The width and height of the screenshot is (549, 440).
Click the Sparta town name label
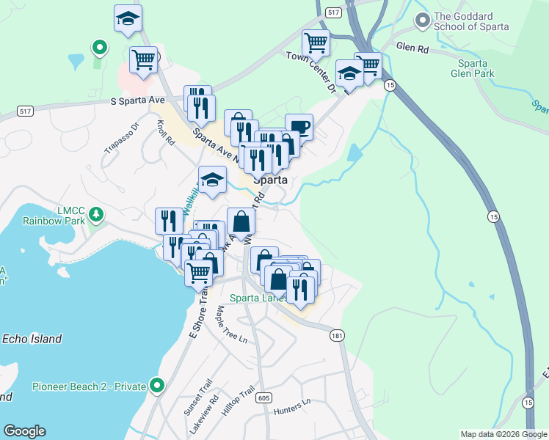pyautogui.click(x=269, y=180)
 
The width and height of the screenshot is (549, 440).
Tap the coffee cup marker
pyautogui.click(x=299, y=126)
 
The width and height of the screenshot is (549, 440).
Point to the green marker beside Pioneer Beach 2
pyautogui.click(x=156, y=385)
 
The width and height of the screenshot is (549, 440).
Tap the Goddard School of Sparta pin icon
pyautogui.click(x=422, y=21)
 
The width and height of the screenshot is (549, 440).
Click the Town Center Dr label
pyautogui.click(x=310, y=71)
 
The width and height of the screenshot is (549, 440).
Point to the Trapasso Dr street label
pyautogui.click(x=120, y=137)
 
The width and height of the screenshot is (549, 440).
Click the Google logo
pyautogui.click(x=25, y=431)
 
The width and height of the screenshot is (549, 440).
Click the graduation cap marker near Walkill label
pyautogui.click(x=211, y=180)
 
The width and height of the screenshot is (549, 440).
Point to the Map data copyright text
pyautogui.click(x=503, y=434)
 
